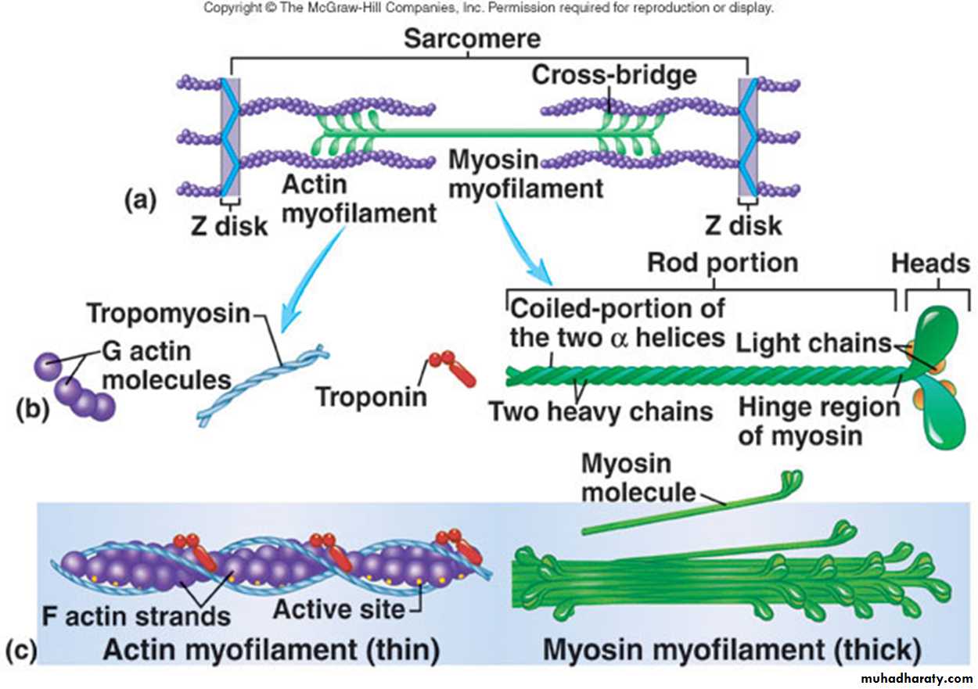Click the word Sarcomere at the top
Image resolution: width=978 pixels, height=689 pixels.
coord(472,39)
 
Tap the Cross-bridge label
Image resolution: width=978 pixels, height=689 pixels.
coord(613,75)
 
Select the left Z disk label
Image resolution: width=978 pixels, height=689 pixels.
coord(229,226)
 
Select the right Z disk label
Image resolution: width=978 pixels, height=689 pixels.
coord(743,226)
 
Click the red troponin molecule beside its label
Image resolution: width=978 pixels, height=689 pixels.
coord(451,368)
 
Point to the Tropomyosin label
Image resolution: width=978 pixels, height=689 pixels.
coord(167,314)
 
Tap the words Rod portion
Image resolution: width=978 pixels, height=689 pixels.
coord(722,263)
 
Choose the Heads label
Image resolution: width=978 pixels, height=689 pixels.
coord(931,264)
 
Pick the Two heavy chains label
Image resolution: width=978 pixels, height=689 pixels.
coord(600,411)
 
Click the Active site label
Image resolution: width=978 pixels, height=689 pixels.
coord(339,608)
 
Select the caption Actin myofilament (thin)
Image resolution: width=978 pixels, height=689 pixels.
coord(271,649)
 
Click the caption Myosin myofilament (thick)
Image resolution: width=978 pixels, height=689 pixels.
coord(728,649)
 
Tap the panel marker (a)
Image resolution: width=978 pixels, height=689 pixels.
coord(141,200)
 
